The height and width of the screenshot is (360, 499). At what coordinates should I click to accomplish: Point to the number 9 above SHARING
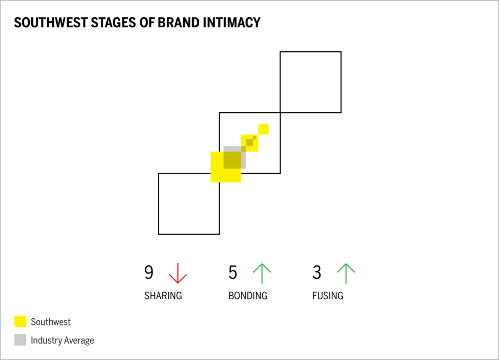tap(149, 273)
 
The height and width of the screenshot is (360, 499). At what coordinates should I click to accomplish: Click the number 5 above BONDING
tap(233, 273)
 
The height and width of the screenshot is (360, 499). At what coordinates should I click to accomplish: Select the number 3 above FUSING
tap(317, 273)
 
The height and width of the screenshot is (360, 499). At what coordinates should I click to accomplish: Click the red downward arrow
tap(178, 273)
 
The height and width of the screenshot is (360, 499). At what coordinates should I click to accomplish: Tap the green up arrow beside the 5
tap(262, 273)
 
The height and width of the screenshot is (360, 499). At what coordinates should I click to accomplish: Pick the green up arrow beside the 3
tap(345, 273)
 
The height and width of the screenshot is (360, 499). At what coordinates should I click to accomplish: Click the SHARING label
tap(163, 296)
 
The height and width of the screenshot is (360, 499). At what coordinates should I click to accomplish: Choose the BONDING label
tap(248, 296)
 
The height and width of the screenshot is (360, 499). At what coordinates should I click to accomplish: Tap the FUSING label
tap(327, 296)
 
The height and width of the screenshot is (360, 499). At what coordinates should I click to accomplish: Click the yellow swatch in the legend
tap(20, 322)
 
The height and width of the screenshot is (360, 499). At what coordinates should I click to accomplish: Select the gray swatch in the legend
tap(20, 340)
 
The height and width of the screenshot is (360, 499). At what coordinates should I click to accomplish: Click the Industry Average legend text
tap(62, 340)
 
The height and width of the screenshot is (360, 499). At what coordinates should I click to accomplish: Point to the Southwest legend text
tap(51, 322)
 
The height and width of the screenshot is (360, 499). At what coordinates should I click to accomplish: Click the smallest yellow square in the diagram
tap(264, 129)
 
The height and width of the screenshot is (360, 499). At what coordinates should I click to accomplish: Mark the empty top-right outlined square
tap(310, 82)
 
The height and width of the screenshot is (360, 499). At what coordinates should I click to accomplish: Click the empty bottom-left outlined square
tap(189, 204)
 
